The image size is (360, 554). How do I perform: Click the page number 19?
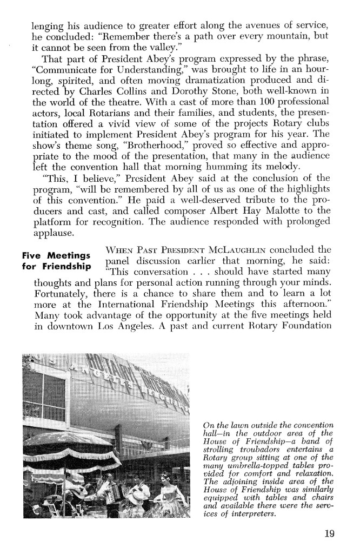point(329,533)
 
